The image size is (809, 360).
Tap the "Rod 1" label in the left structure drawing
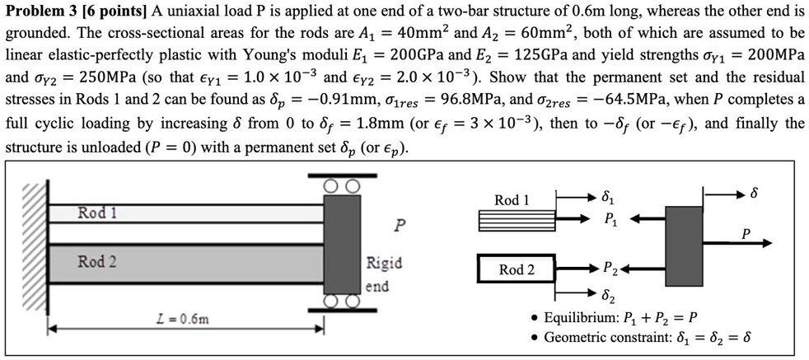click(97, 213)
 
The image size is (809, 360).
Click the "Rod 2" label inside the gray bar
click(97, 262)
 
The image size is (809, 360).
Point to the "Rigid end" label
click(383, 274)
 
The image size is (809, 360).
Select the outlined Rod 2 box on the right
click(516, 269)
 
